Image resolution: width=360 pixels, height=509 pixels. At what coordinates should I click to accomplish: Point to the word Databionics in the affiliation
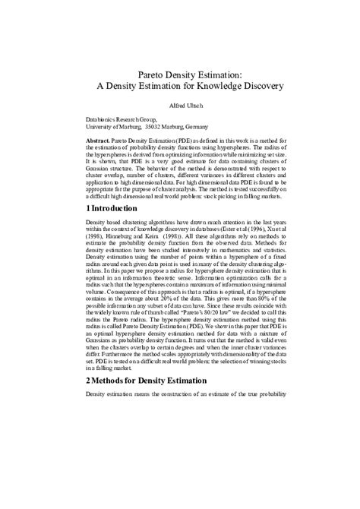click(x=103, y=119)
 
